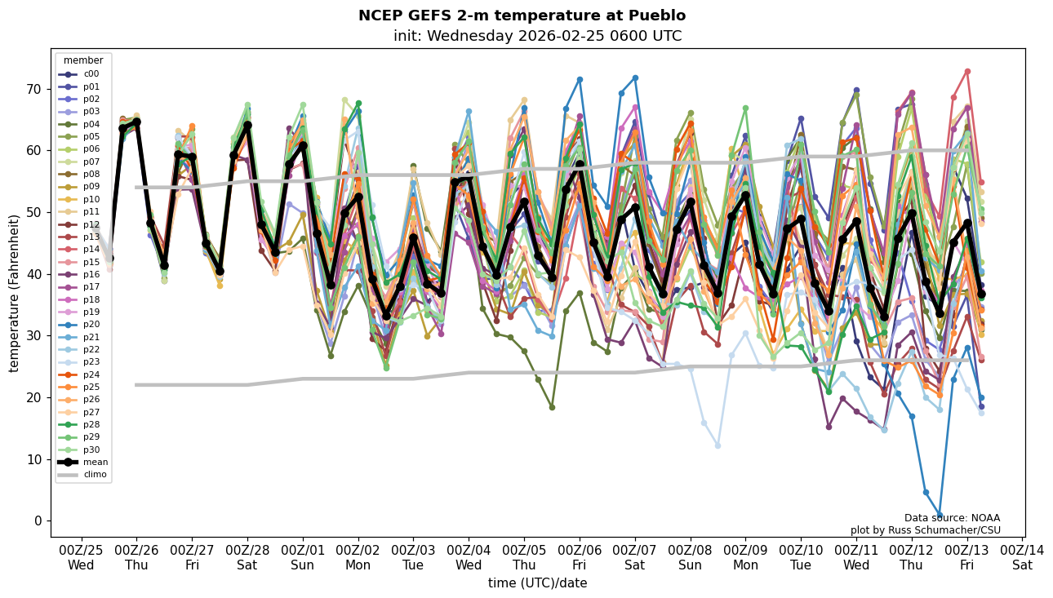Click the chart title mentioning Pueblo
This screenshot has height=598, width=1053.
(522, 16)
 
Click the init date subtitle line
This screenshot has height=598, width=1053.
(537, 36)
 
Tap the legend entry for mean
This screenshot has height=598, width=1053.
(95, 462)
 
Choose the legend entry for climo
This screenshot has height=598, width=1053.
(95, 474)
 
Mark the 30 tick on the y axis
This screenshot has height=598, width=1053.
(37, 335)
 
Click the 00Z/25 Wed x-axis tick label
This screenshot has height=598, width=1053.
(81, 556)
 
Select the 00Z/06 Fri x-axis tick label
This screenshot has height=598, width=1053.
(580, 556)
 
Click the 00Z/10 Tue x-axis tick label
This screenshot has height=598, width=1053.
(801, 556)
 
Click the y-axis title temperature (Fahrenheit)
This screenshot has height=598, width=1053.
(14, 293)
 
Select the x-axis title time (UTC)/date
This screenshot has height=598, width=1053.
(537, 583)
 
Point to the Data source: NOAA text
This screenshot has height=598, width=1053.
(952, 518)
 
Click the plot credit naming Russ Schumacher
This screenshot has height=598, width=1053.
(925, 530)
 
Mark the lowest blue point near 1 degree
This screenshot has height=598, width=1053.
(940, 516)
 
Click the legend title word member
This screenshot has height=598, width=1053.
(83, 60)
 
